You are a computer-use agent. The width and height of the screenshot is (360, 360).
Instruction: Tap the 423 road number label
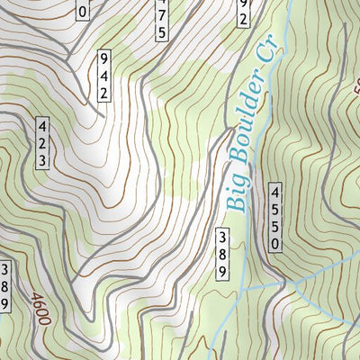pos(42,143)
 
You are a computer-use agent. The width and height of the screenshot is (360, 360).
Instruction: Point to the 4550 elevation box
pos(275,217)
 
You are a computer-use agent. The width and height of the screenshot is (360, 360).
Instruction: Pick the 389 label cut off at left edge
pos(4,286)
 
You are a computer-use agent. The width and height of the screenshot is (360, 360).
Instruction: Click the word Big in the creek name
pos(236,191)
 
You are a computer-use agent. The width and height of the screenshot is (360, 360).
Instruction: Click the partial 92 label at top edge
pos(243,12)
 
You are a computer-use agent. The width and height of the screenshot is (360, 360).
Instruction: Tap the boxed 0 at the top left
pos(83,10)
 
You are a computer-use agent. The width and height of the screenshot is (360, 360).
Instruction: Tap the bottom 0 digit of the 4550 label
pos(275,243)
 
